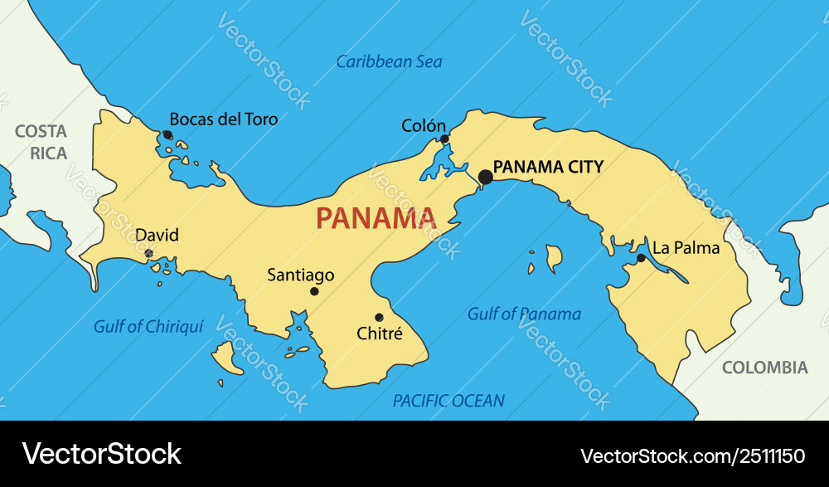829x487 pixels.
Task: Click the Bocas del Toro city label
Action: (x=224, y=119)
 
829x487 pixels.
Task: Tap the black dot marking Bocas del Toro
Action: (x=167, y=134)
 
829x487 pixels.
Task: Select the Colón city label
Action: (x=424, y=126)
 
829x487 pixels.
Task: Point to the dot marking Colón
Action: (x=444, y=139)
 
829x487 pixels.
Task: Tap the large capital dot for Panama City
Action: (x=486, y=177)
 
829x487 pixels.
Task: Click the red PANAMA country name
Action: (x=376, y=218)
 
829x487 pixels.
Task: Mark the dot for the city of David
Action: (x=148, y=253)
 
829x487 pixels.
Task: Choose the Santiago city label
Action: (x=301, y=275)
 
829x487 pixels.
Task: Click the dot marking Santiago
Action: (x=314, y=291)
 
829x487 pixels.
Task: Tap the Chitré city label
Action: (x=379, y=334)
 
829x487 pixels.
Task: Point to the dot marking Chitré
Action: (x=379, y=317)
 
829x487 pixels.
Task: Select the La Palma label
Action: (x=686, y=247)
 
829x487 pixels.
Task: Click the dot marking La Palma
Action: (x=641, y=258)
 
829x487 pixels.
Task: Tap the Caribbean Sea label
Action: (x=389, y=61)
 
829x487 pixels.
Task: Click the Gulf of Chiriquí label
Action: (x=148, y=326)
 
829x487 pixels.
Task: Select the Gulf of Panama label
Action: (x=524, y=314)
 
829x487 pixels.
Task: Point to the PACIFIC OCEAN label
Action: (x=448, y=401)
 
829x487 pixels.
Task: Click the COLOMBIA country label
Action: (x=764, y=368)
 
